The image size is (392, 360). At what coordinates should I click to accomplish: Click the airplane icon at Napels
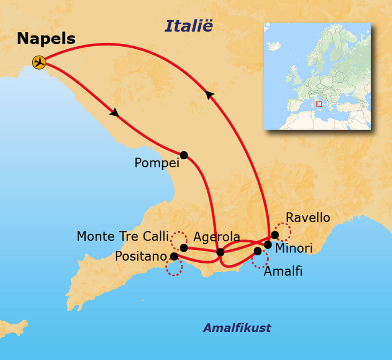pyautogui.click(x=39, y=62)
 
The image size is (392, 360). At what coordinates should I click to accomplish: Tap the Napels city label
pyautogui.click(x=46, y=39)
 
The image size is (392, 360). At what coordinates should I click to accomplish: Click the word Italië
pyautogui.click(x=188, y=26)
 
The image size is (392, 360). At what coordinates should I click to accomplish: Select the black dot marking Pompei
pyautogui.click(x=184, y=155)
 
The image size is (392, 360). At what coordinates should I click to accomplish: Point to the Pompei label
pyautogui.click(x=157, y=163)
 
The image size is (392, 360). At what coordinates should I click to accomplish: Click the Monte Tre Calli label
pyautogui.click(x=122, y=236)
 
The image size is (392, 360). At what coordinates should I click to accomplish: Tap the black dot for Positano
pyautogui.click(x=174, y=256)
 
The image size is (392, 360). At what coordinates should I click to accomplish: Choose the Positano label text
pyautogui.click(x=140, y=256)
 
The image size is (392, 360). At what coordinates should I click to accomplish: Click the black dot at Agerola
pyautogui.click(x=220, y=252)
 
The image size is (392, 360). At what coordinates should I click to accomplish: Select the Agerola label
pyautogui.click(x=216, y=237)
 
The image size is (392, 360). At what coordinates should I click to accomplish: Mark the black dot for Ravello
pyautogui.click(x=274, y=235)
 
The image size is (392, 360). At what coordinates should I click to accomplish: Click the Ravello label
pyautogui.click(x=308, y=218)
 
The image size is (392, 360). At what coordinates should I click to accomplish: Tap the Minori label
pyautogui.click(x=294, y=248)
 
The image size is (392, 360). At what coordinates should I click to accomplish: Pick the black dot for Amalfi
pyautogui.click(x=258, y=251)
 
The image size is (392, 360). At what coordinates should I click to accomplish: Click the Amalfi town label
pyautogui.click(x=283, y=271)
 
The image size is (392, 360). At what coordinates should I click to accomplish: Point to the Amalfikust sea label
pyautogui.click(x=237, y=328)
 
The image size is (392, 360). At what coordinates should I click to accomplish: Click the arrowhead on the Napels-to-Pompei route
pyautogui.click(x=114, y=113)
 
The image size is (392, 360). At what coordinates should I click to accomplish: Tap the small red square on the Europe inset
pyautogui.click(x=319, y=104)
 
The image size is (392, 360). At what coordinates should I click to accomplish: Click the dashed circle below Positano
pyautogui.click(x=174, y=268)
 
